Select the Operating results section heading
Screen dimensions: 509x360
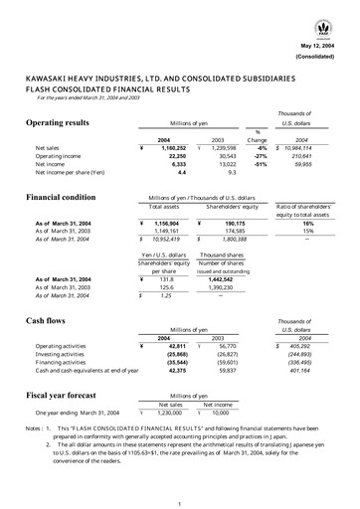(x=63, y=122)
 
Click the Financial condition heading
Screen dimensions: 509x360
(x=67, y=199)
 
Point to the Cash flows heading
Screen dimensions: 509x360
(x=49, y=323)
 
